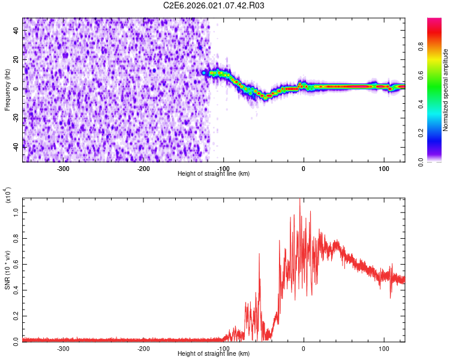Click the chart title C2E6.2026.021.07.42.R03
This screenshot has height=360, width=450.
coord(214,5)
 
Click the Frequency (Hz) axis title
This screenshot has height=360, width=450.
coord(7,90)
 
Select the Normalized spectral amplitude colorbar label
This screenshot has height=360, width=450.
coord(446,90)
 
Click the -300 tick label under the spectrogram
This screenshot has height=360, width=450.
coord(64,169)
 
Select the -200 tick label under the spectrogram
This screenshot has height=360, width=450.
coord(143,169)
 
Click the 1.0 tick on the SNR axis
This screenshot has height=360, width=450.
coord(16,212)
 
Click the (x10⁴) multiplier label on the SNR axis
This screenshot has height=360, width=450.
coord(8,196)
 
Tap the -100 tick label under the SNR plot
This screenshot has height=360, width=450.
coord(223,348)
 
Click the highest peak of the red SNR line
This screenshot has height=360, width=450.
coord(300,200)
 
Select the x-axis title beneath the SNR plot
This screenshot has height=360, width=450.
coord(214,353)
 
